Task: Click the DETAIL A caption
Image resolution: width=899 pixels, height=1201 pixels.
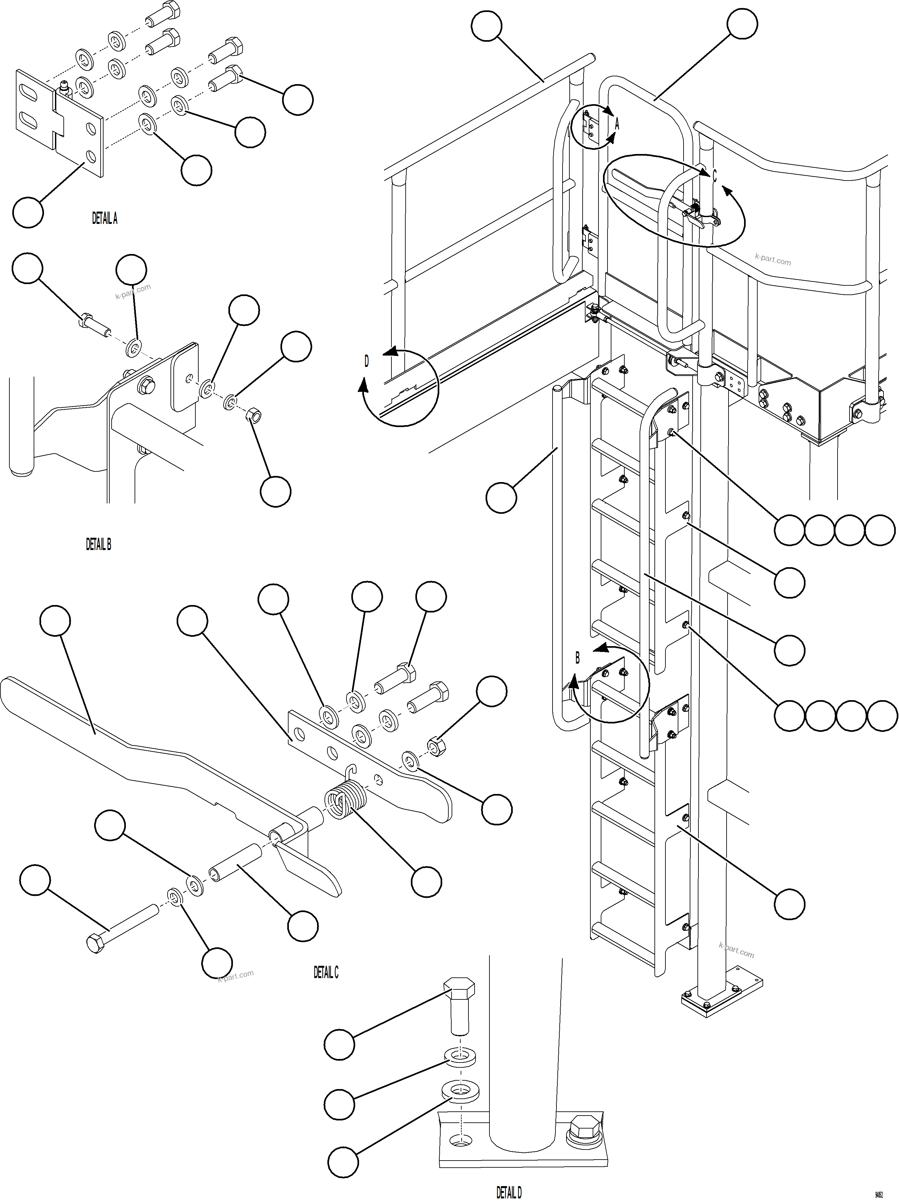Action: pyautogui.click(x=104, y=219)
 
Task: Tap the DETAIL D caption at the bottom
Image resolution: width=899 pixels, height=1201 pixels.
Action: pyautogui.click(x=509, y=1192)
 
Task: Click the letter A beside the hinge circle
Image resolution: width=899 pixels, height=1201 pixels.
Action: pyautogui.click(x=617, y=124)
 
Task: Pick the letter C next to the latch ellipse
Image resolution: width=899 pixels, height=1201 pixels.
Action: pyautogui.click(x=714, y=176)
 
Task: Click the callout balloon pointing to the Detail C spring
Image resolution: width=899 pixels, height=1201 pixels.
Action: pyautogui.click(x=426, y=882)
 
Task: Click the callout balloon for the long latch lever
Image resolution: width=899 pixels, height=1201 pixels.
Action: pyautogui.click(x=55, y=621)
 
